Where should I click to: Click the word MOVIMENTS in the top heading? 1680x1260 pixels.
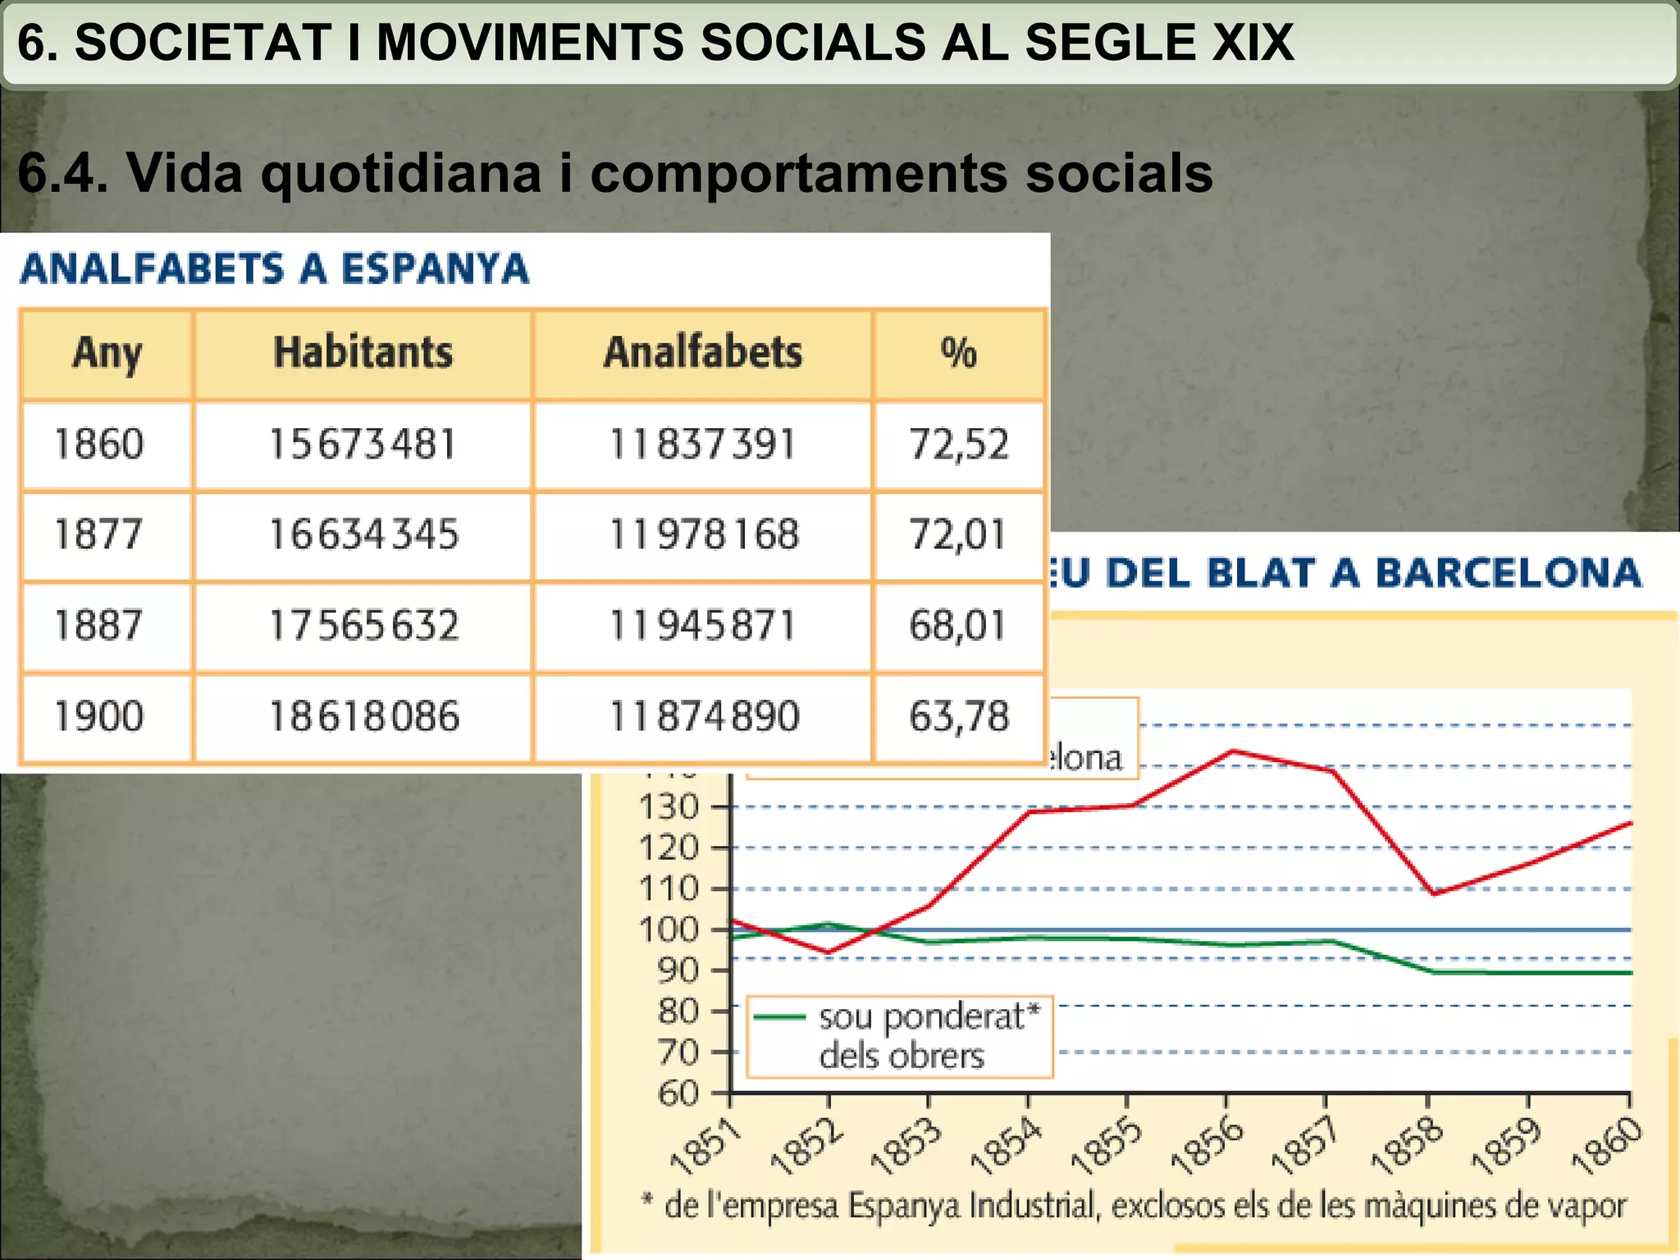[x=529, y=43]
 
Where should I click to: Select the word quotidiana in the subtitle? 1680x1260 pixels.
[x=401, y=173]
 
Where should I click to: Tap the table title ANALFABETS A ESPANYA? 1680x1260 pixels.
[x=275, y=269]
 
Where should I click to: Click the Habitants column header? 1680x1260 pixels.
[x=363, y=354]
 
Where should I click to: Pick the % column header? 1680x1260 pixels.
[x=958, y=354]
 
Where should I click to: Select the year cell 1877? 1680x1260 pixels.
[x=98, y=535]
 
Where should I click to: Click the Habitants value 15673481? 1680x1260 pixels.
[x=363, y=445]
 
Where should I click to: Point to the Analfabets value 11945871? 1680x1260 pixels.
[x=702, y=626]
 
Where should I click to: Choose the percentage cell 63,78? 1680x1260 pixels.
[x=958, y=716]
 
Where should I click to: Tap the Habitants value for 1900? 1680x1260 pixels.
[x=364, y=716]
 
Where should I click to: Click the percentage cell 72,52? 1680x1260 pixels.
[x=958, y=445]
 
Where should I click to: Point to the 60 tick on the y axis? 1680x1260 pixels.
[x=678, y=1093]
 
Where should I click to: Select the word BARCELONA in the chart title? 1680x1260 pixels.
[x=1508, y=573]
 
